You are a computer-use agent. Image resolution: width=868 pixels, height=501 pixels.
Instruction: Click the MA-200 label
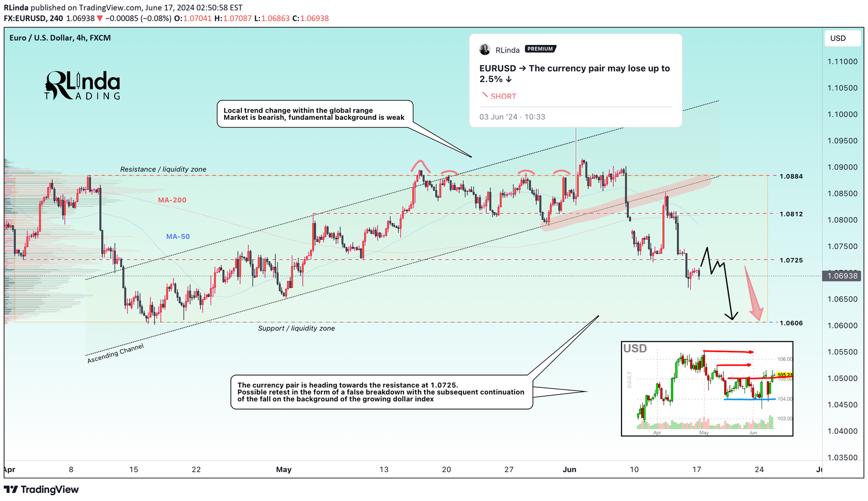(x=172, y=200)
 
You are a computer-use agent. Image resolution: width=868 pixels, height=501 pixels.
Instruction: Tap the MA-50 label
(x=178, y=237)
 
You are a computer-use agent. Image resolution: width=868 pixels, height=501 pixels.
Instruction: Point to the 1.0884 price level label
(x=791, y=177)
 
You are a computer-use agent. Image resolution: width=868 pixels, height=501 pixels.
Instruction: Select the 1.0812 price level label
(x=791, y=214)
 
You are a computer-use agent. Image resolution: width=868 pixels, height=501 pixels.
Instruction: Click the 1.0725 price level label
(x=791, y=260)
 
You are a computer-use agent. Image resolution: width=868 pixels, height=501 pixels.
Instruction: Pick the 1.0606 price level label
(x=791, y=323)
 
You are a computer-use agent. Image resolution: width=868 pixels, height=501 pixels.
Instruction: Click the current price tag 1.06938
(x=842, y=276)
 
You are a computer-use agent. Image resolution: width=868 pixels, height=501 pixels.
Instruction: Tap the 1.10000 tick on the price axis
(x=842, y=115)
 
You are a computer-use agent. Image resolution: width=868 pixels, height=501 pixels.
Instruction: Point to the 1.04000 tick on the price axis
(x=842, y=431)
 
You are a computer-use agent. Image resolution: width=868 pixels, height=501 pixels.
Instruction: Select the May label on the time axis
(x=284, y=469)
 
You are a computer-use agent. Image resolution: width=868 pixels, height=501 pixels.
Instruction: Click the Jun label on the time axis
(x=569, y=469)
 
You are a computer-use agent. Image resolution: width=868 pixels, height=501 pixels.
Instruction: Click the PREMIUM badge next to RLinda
(x=540, y=49)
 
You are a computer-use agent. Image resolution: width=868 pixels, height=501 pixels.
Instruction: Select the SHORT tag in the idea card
(x=503, y=97)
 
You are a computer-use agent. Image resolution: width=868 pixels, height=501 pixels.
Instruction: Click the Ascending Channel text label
(x=115, y=353)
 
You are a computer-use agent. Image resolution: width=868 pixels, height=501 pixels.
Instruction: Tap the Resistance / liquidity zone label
(x=163, y=169)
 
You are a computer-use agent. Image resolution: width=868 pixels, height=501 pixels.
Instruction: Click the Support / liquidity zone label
(x=297, y=328)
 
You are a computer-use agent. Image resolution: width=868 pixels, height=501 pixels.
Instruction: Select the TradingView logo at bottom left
(x=41, y=490)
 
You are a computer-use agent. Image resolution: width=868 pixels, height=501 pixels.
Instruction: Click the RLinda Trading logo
(x=83, y=86)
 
